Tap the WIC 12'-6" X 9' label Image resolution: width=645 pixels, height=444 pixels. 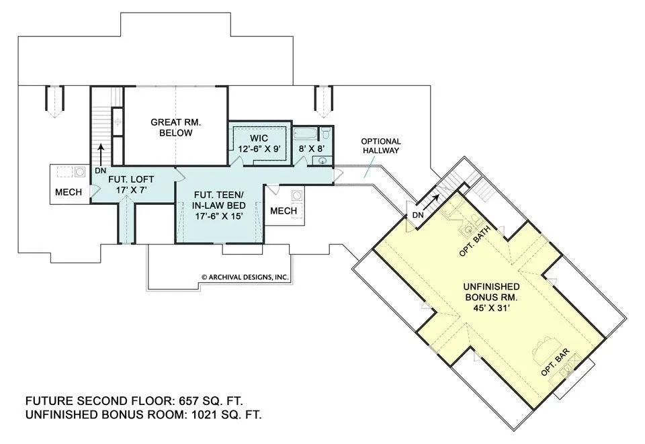(x=259, y=143)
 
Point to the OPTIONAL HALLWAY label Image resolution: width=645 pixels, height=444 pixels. (x=380, y=146)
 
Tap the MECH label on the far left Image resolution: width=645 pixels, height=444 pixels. (x=69, y=192)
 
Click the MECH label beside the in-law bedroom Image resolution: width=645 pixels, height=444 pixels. (x=283, y=211)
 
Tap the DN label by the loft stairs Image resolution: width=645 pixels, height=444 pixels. (x=101, y=171)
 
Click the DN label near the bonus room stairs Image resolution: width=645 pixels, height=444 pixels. (x=416, y=215)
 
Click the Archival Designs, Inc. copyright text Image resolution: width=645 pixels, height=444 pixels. (x=245, y=276)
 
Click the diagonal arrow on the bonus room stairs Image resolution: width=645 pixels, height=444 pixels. (x=434, y=197)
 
